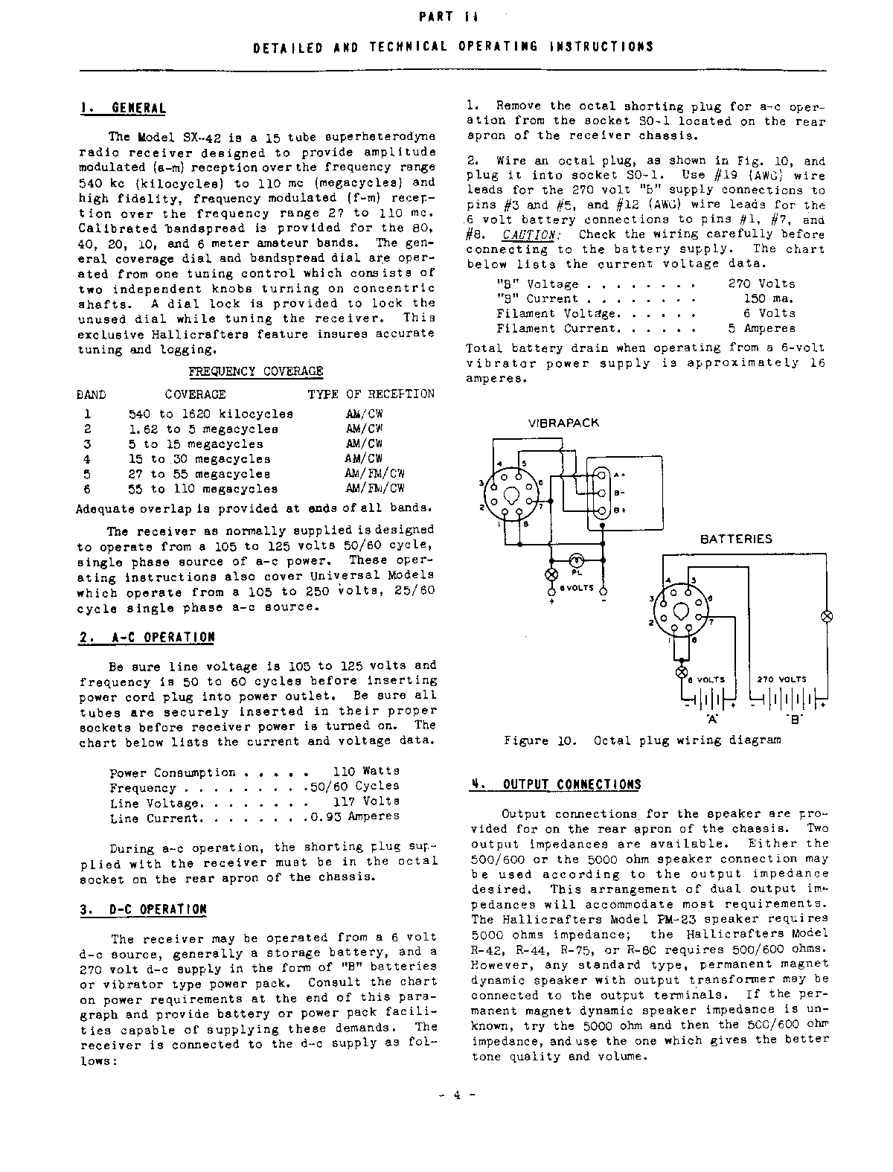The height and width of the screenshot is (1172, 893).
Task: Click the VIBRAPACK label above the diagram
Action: [563, 423]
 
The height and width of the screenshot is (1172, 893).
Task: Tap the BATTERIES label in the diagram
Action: [736, 539]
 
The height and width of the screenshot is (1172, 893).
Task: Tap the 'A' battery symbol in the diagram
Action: [708, 701]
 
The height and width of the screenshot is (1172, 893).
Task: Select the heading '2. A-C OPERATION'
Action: [147, 638]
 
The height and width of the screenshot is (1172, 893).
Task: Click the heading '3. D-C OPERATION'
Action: [143, 909]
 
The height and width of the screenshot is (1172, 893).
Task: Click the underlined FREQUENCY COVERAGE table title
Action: [255, 371]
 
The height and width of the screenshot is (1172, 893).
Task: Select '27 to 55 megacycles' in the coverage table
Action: [199, 474]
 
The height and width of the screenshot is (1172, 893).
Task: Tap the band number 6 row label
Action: [87, 489]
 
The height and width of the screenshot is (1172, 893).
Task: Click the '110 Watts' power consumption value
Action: [365, 772]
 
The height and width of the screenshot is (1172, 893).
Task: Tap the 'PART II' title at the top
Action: [445, 16]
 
